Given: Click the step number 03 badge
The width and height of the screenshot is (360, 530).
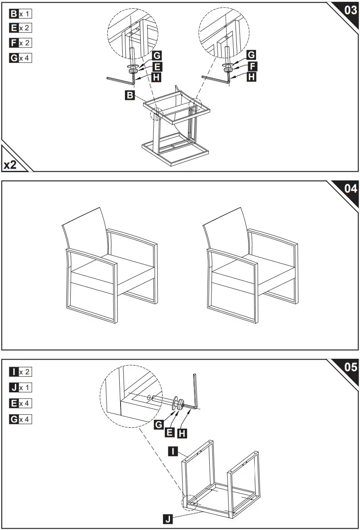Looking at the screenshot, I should (x=350, y=10).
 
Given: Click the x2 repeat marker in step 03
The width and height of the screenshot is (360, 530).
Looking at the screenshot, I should (x=12, y=165).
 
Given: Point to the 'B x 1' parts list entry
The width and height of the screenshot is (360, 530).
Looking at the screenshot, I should (x=20, y=13).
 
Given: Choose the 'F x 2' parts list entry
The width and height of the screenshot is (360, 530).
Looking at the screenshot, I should (x=20, y=43).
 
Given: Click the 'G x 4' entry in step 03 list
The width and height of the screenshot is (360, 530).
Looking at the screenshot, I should (x=20, y=58).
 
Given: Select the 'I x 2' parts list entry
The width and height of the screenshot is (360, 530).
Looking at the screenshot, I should (x=20, y=372).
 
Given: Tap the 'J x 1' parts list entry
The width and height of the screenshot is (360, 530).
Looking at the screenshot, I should (x=20, y=387).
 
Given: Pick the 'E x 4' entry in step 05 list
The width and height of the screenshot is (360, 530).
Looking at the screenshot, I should (x=20, y=403).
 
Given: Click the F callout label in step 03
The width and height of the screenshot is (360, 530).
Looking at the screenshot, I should (x=252, y=66).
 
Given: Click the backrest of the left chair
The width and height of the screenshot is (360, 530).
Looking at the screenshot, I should (x=85, y=232).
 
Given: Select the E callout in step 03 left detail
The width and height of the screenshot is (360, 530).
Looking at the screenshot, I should (x=157, y=66).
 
